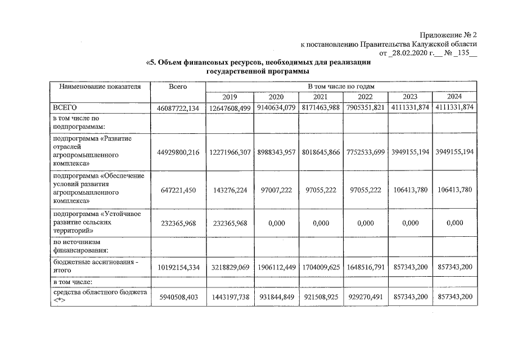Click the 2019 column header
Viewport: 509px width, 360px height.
pos(229,97)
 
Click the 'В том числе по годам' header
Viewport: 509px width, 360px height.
pos(341,87)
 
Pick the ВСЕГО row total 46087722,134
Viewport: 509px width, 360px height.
pos(177,107)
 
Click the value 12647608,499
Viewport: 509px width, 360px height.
pos(231,107)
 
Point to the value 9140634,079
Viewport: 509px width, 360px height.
pos(276,107)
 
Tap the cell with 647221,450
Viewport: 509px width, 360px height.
pos(177,191)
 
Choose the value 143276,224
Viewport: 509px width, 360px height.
pos(231,191)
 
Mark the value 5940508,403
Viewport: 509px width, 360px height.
pos(177,297)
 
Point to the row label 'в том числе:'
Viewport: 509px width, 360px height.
pos(72,281)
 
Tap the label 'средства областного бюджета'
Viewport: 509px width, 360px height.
pos(99,292)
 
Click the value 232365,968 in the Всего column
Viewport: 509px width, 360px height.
pos(177,223)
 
